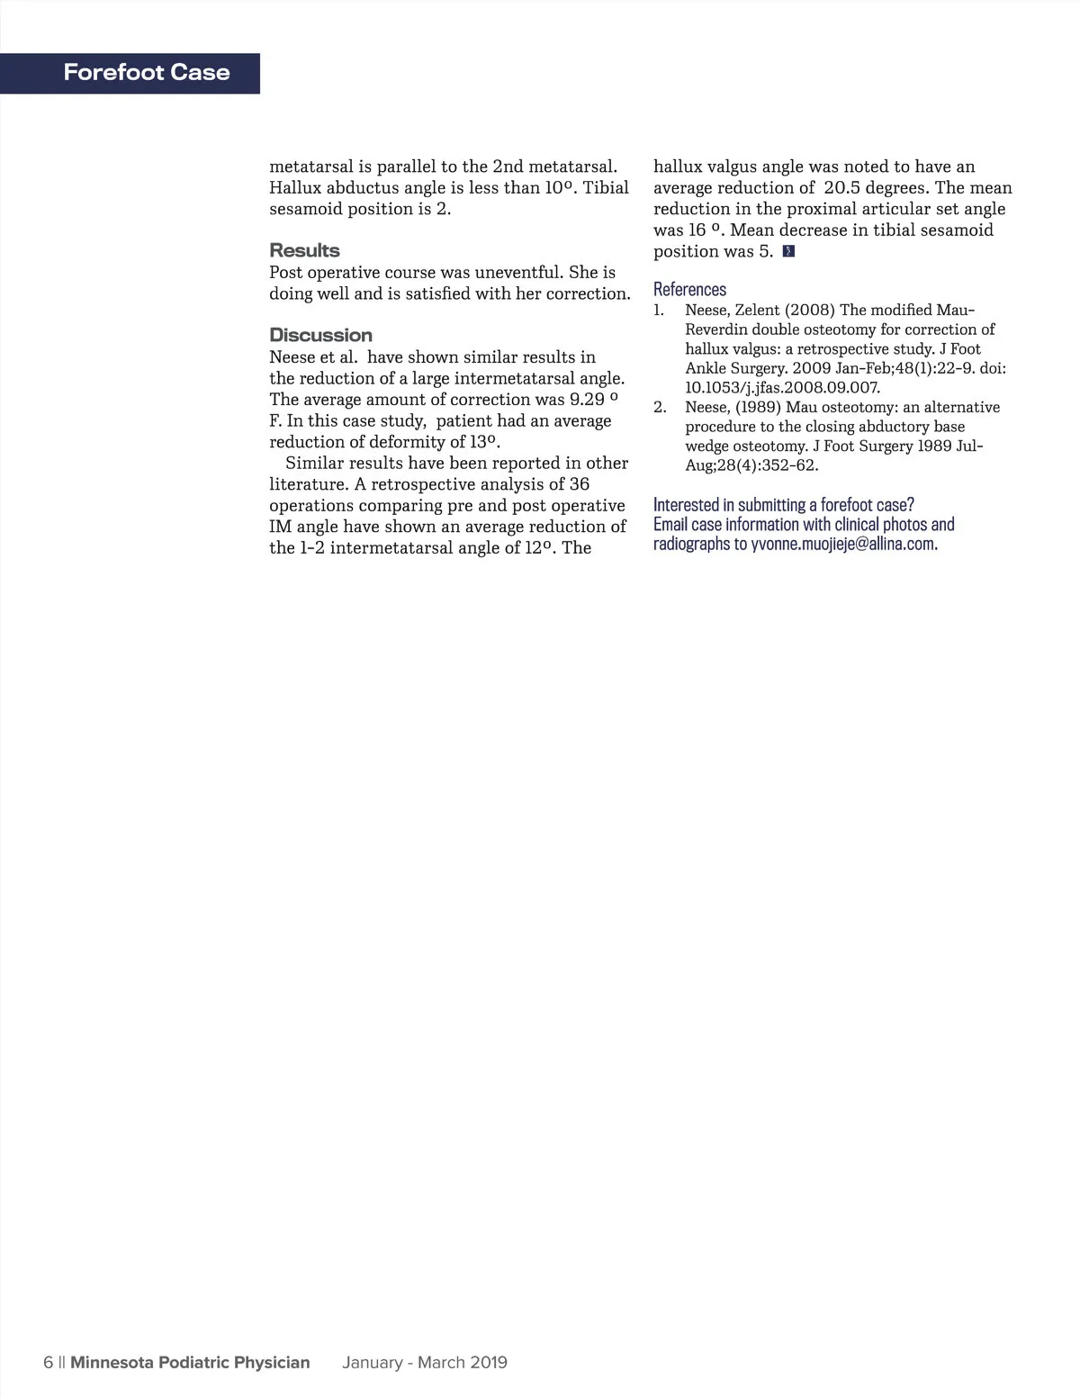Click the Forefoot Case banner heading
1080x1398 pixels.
pyautogui.click(x=147, y=73)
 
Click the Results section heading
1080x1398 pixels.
pyautogui.click(x=304, y=250)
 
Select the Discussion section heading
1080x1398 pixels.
pyautogui.click(x=320, y=335)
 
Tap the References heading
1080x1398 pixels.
pyautogui.click(x=689, y=289)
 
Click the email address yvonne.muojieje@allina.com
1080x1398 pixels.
pyautogui.click(x=842, y=544)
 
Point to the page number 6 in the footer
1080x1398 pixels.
pyautogui.click(x=48, y=1362)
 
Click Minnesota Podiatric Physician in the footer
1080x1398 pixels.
pyautogui.click(x=190, y=1362)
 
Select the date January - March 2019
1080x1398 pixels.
pyautogui.click(x=424, y=1362)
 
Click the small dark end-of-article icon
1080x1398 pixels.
pyautogui.click(x=788, y=251)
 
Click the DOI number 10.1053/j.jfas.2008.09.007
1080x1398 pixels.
pyautogui.click(x=782, y=388)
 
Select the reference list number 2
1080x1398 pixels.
pyautogui.click(x=660, y=408)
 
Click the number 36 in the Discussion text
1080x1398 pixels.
pyautogui.click(x=580, y=484)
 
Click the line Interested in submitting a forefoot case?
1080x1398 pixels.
pyautogui.click(x=783, y=504)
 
